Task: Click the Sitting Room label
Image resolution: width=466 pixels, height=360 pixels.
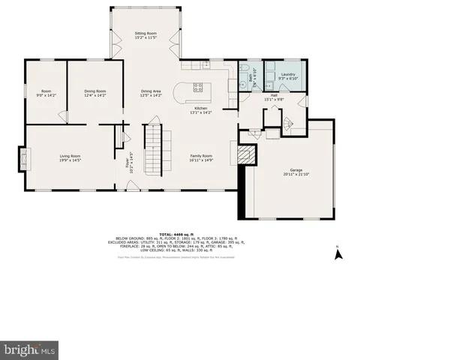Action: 146,34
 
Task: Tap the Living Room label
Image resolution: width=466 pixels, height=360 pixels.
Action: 71,155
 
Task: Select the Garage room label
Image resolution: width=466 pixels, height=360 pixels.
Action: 296,169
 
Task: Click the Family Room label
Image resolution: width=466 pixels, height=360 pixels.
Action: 201,155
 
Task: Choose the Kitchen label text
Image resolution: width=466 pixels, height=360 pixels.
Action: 200,108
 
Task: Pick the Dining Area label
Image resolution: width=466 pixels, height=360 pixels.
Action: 151,91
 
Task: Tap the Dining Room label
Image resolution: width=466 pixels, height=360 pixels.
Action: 95,91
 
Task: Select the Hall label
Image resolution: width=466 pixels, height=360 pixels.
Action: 274,95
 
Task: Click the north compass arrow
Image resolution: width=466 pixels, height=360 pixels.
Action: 338,253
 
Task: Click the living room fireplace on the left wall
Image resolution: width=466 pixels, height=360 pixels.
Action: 23,160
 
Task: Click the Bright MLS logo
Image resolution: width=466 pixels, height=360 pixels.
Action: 29,349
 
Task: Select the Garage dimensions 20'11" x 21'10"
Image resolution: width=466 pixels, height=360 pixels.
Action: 296,174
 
